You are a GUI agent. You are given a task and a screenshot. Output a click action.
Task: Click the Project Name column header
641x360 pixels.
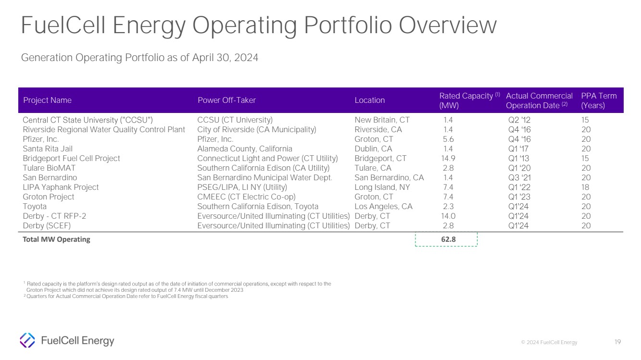coord(47,100)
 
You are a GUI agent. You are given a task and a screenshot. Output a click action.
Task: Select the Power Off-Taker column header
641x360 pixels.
coord(226,100)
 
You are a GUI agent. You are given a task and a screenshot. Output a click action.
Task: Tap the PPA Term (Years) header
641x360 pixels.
coord(599,100)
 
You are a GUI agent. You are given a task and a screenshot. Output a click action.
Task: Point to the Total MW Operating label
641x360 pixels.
coord(56,239)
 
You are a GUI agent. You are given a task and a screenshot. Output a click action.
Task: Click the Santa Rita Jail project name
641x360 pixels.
coord(48,149)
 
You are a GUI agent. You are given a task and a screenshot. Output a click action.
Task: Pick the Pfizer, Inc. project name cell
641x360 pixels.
coord(41,139)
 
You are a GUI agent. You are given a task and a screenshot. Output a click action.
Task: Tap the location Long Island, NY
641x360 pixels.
coord(382,187)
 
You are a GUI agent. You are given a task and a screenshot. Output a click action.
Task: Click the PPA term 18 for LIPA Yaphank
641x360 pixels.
coord(586,187)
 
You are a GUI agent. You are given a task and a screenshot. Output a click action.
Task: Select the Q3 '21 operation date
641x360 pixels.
coord(519,178)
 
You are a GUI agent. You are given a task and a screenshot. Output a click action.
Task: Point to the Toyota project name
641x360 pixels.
coord(35,207)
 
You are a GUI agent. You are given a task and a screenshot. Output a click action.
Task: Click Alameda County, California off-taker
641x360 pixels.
coord(244,149)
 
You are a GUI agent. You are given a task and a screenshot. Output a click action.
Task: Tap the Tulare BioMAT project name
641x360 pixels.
coord(49,168)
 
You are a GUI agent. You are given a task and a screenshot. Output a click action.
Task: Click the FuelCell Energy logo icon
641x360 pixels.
coord(27,340)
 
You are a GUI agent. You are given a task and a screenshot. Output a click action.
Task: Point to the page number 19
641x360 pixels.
coord(618,342)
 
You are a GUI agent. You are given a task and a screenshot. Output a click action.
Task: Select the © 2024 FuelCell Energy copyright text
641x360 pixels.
coord(549,343)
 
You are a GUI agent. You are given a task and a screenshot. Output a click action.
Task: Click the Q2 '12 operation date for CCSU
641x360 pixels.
coord(519,120)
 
